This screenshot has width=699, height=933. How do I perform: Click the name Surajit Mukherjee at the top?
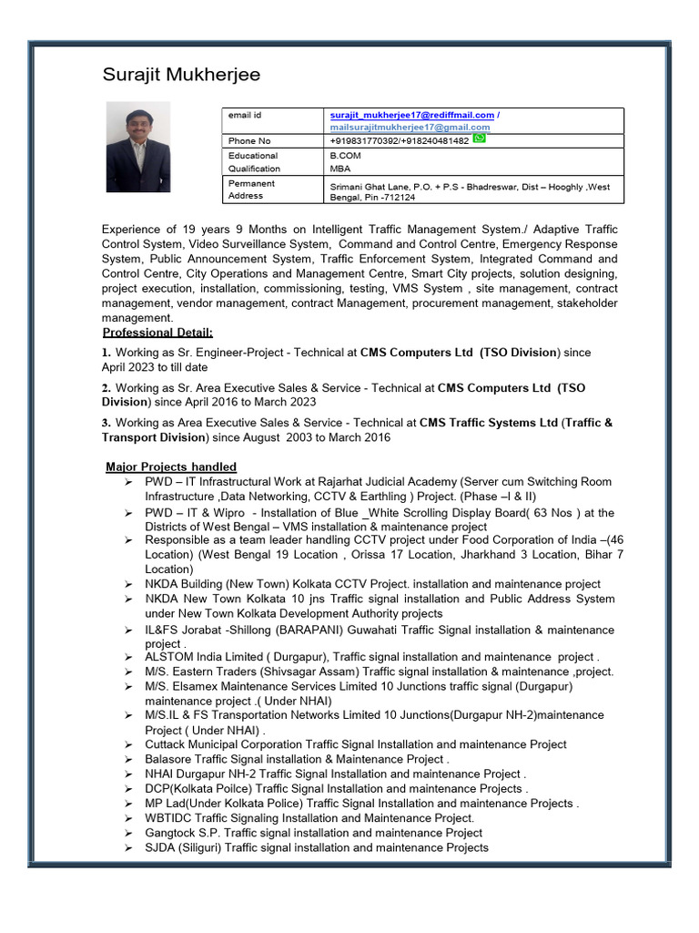click(181, 75)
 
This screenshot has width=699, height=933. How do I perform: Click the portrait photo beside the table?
click(137, 146)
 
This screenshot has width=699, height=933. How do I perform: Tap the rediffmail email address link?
click(411, 116)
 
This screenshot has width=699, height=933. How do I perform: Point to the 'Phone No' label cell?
click(249, 141)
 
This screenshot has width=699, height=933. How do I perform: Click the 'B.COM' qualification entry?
click(345, 156)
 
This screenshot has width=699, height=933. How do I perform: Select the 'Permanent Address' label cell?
click(252, 190)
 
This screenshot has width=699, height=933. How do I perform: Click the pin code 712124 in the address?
click(400, 197)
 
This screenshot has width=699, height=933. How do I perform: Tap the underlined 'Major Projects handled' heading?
click(171, 466)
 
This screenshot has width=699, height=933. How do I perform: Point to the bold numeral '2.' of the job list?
click(106, 388)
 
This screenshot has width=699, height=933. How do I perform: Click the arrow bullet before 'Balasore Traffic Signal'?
click(130, 759)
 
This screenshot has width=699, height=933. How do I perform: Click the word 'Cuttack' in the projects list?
click(165, 744)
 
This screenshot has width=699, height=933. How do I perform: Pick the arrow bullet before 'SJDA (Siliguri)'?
click(130, 847)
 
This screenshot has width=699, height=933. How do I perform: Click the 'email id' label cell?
click(245, 116)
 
